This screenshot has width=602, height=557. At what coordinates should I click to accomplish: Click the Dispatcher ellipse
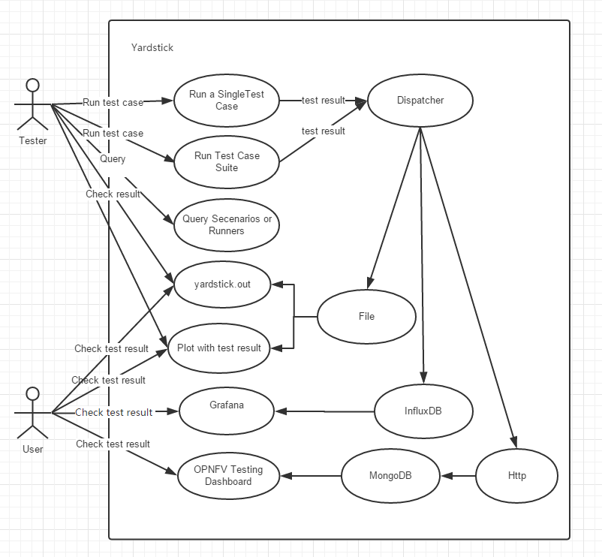[x=420, y=101]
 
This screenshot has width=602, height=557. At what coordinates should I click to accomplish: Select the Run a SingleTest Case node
[x=227, y=101]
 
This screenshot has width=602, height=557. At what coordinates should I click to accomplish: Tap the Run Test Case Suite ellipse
[x=227, y=161]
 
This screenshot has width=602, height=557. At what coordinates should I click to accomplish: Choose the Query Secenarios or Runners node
[x=227, y=224]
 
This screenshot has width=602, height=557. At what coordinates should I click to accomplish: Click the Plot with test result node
[x=219, y=348]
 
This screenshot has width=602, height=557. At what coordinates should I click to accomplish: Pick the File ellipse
[x=366, y=316]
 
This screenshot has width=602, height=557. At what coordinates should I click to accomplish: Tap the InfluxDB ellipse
[x=423, y=411]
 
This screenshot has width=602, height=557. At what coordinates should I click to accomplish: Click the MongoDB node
[x=390, y=476]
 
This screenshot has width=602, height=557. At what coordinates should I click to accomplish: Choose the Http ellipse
[x=516, y=476]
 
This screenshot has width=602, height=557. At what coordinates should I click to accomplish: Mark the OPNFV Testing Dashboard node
[x=228, y=475]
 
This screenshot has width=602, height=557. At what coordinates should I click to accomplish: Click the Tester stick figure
[x=32, y=105]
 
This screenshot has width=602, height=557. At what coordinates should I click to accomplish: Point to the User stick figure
[x=32, y=413]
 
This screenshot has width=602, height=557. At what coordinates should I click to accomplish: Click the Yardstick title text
[x=152, y=47]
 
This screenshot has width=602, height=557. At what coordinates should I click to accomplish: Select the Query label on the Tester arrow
[x=113, y=159]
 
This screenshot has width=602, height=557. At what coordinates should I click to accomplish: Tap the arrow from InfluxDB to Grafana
[x=324, y=411]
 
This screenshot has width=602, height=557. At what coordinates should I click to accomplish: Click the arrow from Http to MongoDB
[x=459, y=476]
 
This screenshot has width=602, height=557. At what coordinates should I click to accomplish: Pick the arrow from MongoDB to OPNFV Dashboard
[x=311, y=476]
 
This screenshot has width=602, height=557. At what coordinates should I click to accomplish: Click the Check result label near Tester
[x=113, y=194]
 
